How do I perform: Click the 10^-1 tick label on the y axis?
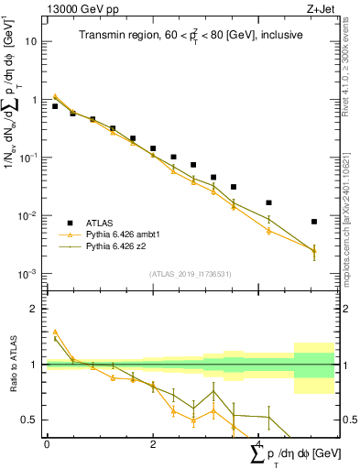(28, 158)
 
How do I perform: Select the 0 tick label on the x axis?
(47, 444)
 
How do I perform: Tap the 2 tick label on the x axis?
(153, 444)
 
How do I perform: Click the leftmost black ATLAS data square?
(55, 106)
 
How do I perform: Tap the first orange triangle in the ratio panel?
(55, 332)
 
